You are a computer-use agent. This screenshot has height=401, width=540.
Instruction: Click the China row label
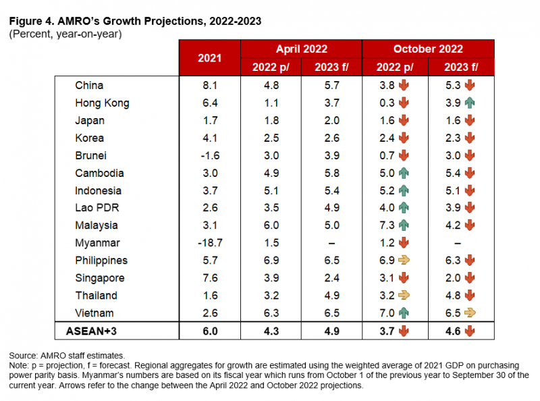click(x=90, y=86)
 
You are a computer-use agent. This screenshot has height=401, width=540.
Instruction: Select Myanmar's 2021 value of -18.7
click(x=209, y=243)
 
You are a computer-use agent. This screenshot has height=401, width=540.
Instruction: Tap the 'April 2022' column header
click(x=301, y=49)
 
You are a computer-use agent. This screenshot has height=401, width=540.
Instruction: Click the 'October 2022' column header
click(x=428, y=49)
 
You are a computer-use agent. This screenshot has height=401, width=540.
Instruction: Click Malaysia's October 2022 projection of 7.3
click(x=387, y=225)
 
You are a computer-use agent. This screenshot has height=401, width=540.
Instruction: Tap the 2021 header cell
click(x=209, y=58)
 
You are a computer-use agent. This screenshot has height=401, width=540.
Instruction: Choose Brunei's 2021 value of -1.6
click(x=209, y=156)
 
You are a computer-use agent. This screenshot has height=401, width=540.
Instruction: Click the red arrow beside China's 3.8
click(x=404, y=86)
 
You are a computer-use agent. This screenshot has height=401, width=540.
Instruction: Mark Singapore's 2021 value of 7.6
click(x=209, y=278)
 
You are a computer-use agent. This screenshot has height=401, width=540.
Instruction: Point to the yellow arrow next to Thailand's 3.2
click(x=404, y=296)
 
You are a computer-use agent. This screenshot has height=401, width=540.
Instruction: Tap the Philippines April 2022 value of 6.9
click(x=270, y=261)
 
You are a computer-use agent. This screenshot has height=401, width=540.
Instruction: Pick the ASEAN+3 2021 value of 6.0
click(x=209, y=331)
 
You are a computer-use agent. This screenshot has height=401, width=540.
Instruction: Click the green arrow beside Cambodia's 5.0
click(x=404, y=173)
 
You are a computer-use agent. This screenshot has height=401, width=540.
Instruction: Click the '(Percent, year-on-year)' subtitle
click(x=65, y=34)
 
